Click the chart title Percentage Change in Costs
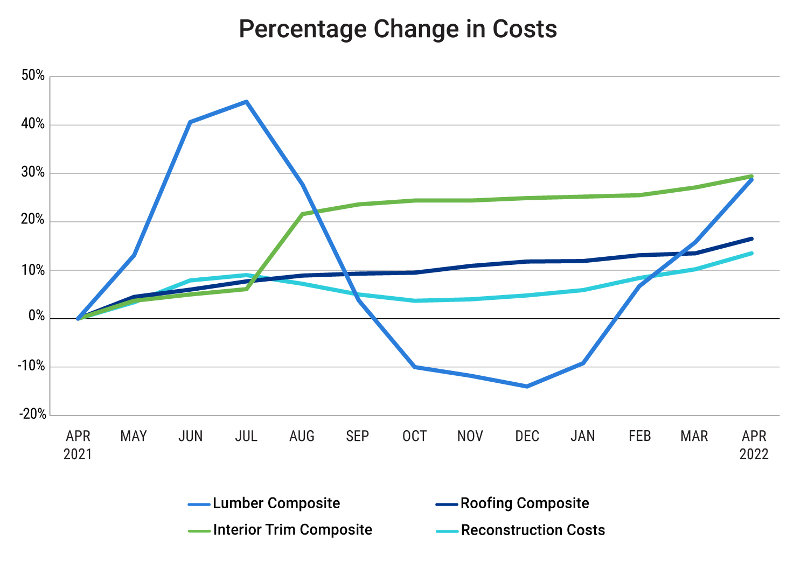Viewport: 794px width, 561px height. point(398,29)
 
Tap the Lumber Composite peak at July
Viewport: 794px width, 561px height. point(246,101)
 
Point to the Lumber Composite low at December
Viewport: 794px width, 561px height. point(526,387)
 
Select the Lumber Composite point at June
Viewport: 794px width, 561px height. point(190,122)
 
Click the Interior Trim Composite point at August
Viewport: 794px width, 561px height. point(302,214)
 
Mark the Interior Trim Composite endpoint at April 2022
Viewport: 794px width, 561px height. point(751,176)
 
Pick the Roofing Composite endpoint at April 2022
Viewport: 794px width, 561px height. point(751,239)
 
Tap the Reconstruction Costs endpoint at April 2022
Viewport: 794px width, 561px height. point(751,253)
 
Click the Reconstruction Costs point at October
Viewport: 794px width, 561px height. point(415,300)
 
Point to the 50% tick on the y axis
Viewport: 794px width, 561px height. point(33,75)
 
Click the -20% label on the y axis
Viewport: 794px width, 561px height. point(33,414)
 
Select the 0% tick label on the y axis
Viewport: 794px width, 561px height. point(37,317)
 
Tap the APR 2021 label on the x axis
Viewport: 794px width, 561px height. point(78,445)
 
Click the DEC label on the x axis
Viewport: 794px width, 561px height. point(527,436)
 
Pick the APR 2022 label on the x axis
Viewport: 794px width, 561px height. point(754,445)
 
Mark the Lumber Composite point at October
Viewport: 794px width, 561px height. point(415,367)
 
